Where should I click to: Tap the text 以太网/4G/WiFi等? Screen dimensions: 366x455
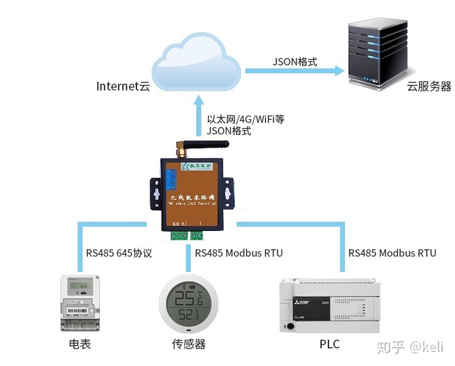(246, 119)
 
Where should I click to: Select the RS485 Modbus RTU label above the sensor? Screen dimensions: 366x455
(239, 253)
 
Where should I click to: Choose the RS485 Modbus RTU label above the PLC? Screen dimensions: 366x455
(392, 253)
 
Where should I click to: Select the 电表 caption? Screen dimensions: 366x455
(80, 344)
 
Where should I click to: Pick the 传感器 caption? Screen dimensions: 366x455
(189, 344)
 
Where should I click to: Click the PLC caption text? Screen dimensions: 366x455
(329, 344)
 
